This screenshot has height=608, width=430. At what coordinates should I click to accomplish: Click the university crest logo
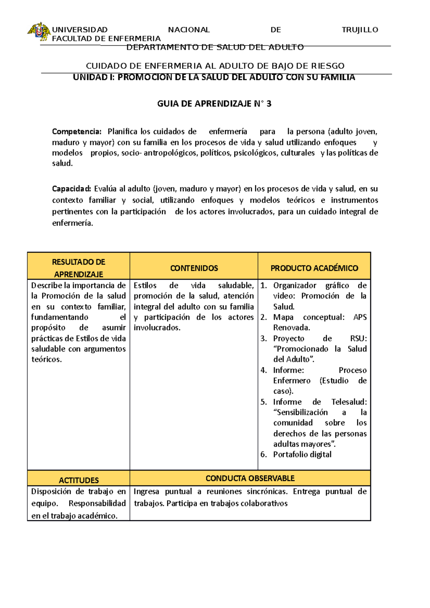(x=39, y=32)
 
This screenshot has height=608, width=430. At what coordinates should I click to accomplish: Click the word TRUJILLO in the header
(x=360, y=30)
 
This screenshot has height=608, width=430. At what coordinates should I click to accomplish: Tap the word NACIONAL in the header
(x=189, y=30)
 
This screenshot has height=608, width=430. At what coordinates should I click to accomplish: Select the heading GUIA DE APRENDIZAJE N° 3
(x=214, y=104)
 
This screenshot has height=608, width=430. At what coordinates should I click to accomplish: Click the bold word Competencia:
(x=77, y=131)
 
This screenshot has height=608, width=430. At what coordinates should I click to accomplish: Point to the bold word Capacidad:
(x=72, y=189)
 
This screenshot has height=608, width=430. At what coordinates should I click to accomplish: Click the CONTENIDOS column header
(x=194, y=268)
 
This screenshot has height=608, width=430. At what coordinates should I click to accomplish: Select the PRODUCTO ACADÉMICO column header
(x=314, y=268)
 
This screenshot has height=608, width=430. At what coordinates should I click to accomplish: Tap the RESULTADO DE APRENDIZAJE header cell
(x=78, y=268)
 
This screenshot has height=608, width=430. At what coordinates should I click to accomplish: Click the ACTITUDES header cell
(x=78, y=480)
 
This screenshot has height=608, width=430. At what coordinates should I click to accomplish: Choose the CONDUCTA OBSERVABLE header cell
(x=250, y=478)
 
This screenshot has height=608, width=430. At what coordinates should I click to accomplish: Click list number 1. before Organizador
(x=264, y=285)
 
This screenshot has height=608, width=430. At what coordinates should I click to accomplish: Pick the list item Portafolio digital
(x=302, y=454)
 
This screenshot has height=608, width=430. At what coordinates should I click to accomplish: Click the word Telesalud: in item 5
(x=349, y=402)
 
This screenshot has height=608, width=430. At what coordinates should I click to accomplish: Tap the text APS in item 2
(x=360, y=317)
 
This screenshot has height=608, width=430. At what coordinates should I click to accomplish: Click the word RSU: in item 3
(x=358, y=338)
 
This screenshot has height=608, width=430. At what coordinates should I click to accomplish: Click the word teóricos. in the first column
(x=47, y=360)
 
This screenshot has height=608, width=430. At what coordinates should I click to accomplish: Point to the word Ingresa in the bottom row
(x=146, y=492)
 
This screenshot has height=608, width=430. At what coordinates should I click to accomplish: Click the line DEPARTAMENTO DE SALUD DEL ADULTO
(x=215, y=47)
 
